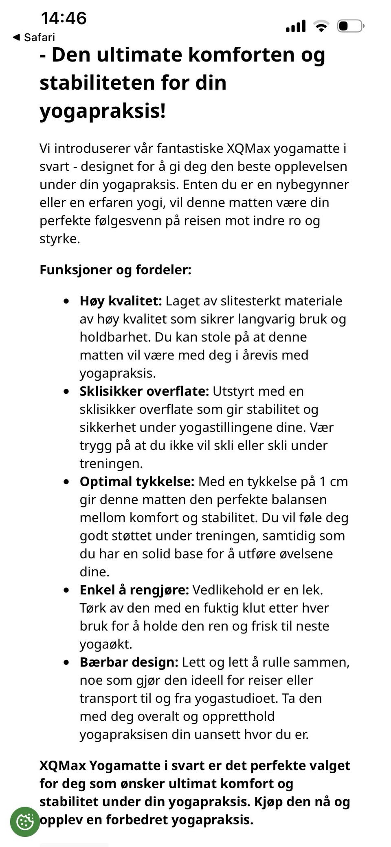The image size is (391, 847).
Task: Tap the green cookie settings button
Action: (25, 821)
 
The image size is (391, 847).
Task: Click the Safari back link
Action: (34, 37)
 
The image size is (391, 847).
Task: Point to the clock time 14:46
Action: (64, 18)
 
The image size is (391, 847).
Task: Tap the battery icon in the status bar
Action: (350, 26)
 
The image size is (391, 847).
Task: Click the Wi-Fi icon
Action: (321, 26)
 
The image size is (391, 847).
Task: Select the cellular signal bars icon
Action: (296, 26)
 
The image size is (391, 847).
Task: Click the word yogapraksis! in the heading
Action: (103, 111)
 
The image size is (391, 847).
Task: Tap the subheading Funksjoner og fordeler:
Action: (115, 269)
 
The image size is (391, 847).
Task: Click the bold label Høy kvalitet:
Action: (121, 301)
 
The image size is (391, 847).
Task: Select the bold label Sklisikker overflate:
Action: (144, 391)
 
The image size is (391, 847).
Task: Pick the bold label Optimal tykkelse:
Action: (137, 481)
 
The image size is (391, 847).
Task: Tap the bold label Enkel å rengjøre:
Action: (134, 590)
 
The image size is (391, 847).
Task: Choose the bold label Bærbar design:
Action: (129, 662)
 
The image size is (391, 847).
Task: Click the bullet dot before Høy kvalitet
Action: (66, 301)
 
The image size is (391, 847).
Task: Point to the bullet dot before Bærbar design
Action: (66, 662)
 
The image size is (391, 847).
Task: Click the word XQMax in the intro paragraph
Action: (248, 148)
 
